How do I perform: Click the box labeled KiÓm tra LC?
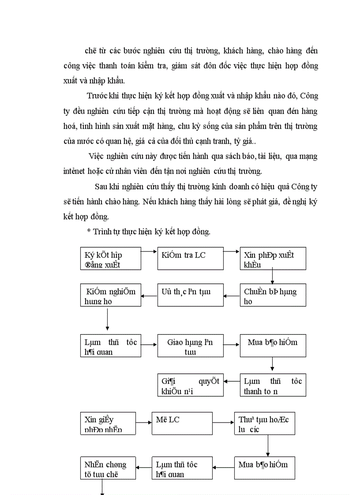pyautogui.click(x=190, y=258)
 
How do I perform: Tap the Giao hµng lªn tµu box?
pyautogui.click(x=190, y=346)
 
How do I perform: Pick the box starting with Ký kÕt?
pyautogui.click(x=111, y=258)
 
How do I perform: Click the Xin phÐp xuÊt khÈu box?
pyautogui.click(x=273, y=258)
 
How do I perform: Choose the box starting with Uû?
pyautogui.click(x=190, y=295)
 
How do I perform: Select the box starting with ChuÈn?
pyautogui.click(x=273, y=295)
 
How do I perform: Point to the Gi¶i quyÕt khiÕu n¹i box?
pyautogui.click(x=190, y=385)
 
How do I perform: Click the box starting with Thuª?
pyautogui.click(x=264, y=424)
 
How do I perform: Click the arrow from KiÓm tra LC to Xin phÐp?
pyautogui.click(x=232, y=251)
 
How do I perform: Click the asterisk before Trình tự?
pyautogui.click(x=89, y=232)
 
